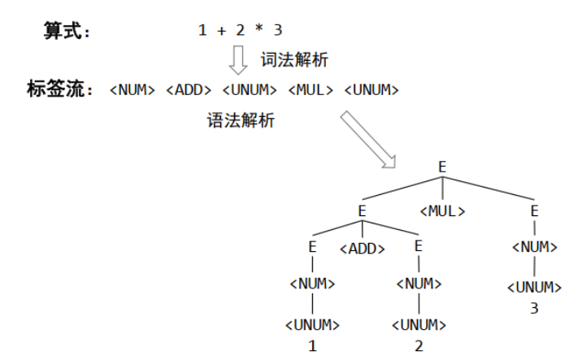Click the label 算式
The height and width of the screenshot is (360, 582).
click(x=66, y=31)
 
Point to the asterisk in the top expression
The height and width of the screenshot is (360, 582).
click(x=259, y=31)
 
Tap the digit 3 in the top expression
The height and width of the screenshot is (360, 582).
click(x=278, y=31)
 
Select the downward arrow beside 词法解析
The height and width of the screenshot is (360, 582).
click(x=238, y=59)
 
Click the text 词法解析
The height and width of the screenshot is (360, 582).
click(x=293, y=60)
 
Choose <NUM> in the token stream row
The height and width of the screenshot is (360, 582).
click(x=132, y=90)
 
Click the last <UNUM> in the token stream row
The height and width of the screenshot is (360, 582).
click(x=371, y=90)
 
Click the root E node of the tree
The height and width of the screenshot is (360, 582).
click(x=442, y=166)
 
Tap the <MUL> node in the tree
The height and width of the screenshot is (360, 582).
click(x=443, y=211)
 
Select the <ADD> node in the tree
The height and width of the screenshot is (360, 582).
click(x=362, y=249)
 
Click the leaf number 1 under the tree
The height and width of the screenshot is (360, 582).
click(x=312, y=345)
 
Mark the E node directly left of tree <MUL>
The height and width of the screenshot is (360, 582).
click(x=363, y=211)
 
